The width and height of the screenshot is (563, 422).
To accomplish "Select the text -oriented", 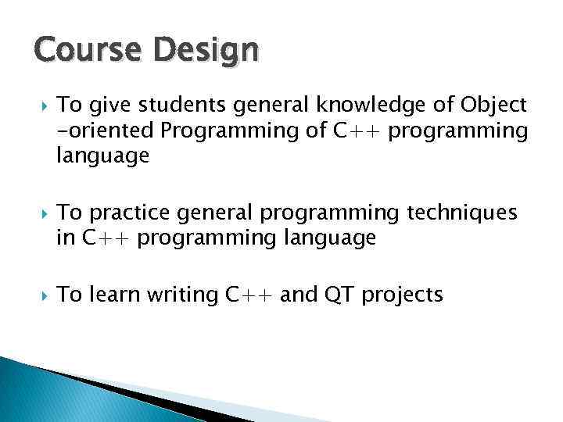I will (x=106, y=131).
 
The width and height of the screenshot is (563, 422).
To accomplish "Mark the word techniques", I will (x=462, y=213).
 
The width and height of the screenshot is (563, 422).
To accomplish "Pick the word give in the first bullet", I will (x=103, y=106).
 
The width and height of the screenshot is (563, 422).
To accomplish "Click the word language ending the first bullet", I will (x=102, y=156).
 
